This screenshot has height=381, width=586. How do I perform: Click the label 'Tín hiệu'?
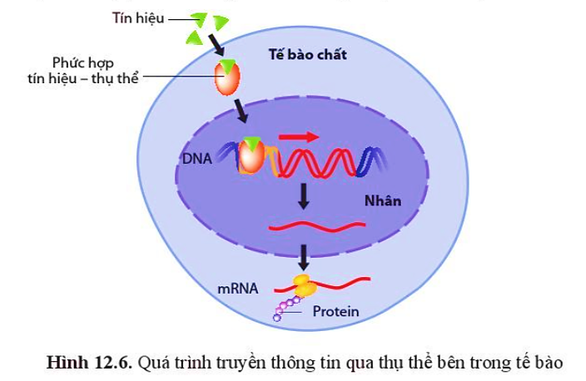coord(138,18)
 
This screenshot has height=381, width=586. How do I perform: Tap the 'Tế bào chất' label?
coord(308,55)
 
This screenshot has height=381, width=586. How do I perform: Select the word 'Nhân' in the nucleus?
coord(383,201)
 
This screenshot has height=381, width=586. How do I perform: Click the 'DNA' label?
coord(197,159)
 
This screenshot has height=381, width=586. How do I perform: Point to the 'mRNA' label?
coord(238,289)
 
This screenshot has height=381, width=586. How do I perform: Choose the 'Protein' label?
coord(335,311)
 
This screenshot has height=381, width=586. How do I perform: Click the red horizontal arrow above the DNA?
coord(299,136)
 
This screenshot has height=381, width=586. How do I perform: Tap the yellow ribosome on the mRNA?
coord(305,285)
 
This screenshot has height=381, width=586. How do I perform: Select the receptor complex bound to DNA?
coord(251,156)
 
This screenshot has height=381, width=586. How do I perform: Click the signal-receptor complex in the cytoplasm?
coord(227,77)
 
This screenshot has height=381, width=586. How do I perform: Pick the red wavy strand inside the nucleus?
coord(317,225)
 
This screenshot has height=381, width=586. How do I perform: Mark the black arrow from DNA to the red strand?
coord(304,196)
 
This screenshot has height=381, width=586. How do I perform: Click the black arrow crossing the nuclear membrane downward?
coord(304,257)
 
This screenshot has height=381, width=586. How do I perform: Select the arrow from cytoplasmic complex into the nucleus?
coord(241,111)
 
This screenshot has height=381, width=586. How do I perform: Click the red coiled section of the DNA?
coord(318,162)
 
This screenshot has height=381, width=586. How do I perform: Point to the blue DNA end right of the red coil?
coord(372,161)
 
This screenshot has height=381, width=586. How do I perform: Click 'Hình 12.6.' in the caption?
coord(89,363)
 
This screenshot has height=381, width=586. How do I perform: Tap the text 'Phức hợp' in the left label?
coord(82,63)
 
